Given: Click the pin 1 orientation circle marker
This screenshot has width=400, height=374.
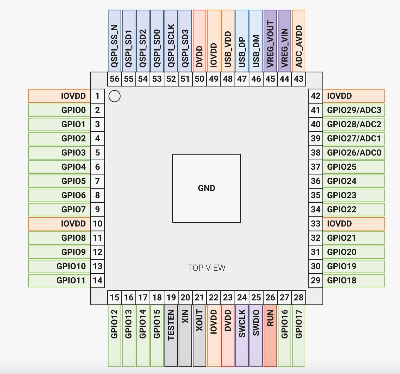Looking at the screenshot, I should [x=114, y=96].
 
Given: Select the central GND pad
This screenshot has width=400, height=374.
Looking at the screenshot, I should [x=207, y=188].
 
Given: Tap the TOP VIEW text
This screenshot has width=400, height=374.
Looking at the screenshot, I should [x=207, y=268].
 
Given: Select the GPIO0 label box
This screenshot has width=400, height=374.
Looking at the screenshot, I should [x=59, y=110].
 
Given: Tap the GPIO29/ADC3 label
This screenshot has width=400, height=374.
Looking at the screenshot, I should [x=354, y=110].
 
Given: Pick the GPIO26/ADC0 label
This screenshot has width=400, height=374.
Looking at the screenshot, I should [x=354, y=153].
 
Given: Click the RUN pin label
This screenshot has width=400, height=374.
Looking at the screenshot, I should [x=270, y=336].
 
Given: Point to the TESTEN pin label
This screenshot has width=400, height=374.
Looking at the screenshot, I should [x=171, y=336].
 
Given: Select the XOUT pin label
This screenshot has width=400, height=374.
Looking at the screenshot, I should [x=199, y=336].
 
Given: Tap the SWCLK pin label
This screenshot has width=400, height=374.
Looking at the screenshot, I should [x=242, y=336].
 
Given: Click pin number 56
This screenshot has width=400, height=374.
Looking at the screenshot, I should [x=115, y=79].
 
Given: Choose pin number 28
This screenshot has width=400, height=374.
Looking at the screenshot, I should [x=299, y=298].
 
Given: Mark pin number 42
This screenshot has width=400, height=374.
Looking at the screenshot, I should [x=316, y=96].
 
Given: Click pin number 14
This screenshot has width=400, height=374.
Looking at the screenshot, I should [x=98, y=281].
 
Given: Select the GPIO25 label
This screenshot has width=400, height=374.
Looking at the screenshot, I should [x=354, y=167].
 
